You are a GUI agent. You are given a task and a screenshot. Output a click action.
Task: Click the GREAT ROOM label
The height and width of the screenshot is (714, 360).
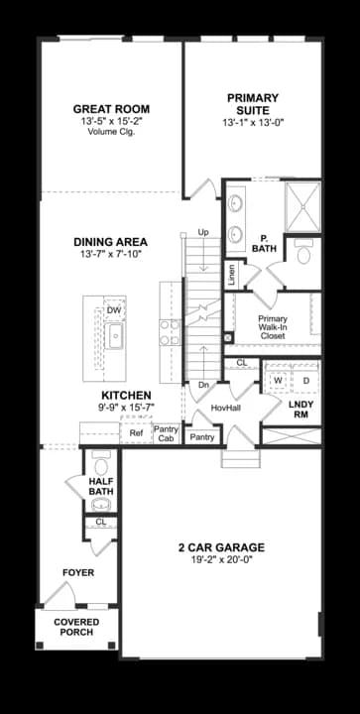(x=111, y=109)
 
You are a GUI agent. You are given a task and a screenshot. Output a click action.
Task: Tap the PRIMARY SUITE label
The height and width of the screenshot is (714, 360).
(x=252, y=104)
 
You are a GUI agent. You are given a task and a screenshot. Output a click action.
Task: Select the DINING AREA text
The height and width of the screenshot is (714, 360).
(x=111, y=242)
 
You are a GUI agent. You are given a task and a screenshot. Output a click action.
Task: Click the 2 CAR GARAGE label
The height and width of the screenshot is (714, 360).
(x=220, y=547)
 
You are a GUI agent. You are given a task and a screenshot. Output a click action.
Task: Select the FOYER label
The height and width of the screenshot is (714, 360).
(x=77, y=572)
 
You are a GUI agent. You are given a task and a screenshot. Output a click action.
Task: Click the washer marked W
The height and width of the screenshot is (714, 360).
(x=278, y=380)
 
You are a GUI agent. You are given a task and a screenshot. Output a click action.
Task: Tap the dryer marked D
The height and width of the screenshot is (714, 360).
(x=305, y=380)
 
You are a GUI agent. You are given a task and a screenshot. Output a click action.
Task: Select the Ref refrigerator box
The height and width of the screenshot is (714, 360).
(x=136, y=433)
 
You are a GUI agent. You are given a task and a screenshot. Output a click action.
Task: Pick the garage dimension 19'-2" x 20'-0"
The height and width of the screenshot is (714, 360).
(x=220, y=561)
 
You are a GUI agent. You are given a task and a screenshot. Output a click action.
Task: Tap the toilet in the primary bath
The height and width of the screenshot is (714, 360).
(x=302, y=255)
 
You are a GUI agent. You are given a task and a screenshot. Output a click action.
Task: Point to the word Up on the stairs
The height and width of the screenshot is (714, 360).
(x=202, y=232)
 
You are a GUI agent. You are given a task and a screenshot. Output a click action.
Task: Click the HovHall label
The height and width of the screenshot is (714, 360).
(x=227, y=408)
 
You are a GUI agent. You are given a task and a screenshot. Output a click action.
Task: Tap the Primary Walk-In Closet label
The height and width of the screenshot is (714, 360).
(x=274, y=327)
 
